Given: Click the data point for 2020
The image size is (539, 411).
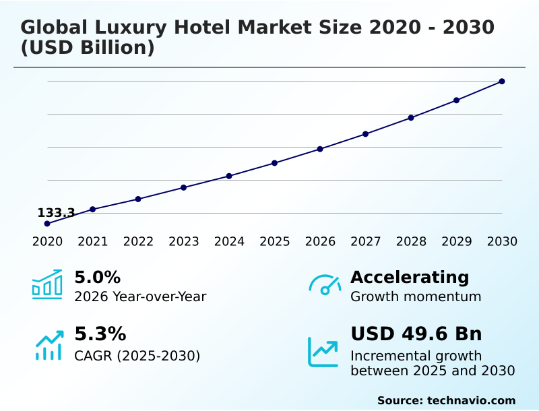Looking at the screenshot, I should (47, 224).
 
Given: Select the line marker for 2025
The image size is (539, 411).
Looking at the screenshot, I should (274, 163).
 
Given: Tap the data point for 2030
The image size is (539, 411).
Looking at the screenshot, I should (502, 82).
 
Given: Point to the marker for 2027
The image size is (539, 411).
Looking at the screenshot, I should (365, 134).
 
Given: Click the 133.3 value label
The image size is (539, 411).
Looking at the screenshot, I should (56, 213).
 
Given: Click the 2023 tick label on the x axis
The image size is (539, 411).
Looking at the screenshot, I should (183, 242).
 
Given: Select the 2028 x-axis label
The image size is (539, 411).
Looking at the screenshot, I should (411, 242).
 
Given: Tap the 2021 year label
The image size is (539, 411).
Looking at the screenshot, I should (92, 242).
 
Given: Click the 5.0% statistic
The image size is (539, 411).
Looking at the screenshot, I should (97, 278).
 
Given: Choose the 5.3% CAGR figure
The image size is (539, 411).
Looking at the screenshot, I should (100, 334).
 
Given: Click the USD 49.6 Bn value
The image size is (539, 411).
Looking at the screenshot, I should (416, 334).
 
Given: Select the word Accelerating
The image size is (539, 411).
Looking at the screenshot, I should (410, 278).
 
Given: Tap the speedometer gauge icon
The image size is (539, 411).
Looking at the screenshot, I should (325, 284).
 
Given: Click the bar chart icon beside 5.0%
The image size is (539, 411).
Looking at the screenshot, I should (47, 284).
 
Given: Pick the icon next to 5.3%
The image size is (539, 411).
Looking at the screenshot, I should (49, 344).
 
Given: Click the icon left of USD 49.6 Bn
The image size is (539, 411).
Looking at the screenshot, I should (323, 352).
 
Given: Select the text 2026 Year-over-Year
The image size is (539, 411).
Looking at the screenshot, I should (140, 296).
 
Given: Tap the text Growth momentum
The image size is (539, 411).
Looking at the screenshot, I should (416, 296).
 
